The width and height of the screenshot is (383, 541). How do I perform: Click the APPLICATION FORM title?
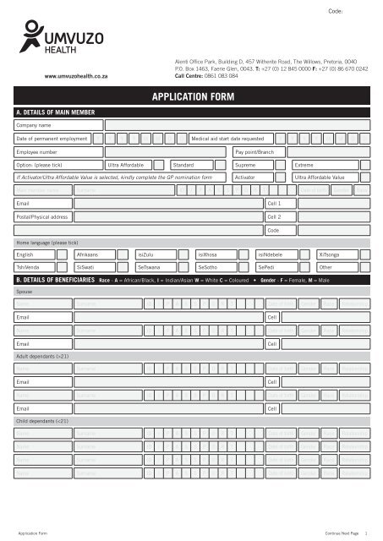point(191,97)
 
